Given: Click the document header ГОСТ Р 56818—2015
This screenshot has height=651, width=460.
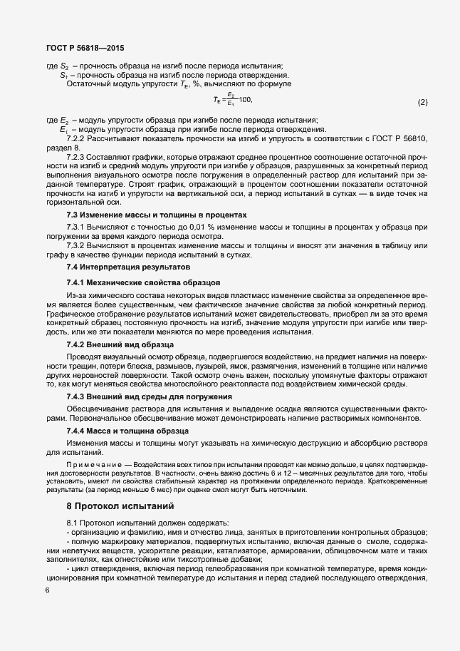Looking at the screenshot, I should pyautogui.click(x=79, y=48).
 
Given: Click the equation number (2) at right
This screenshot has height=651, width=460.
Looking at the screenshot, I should pyautogui.click(x=422, y=103).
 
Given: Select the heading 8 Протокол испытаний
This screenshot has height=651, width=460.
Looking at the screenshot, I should pyautogui.click(x=120, y=508).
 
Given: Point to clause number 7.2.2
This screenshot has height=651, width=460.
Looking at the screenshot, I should pyautogui.click(x=76, y=138).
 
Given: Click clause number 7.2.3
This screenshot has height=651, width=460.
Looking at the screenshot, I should pyautogui.click(x=76, y=155).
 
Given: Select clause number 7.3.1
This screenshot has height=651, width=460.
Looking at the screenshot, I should pyautogui.click(x=75, y=227).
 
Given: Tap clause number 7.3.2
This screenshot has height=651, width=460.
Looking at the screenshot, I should pyautogui.click(x=75, y=245).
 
